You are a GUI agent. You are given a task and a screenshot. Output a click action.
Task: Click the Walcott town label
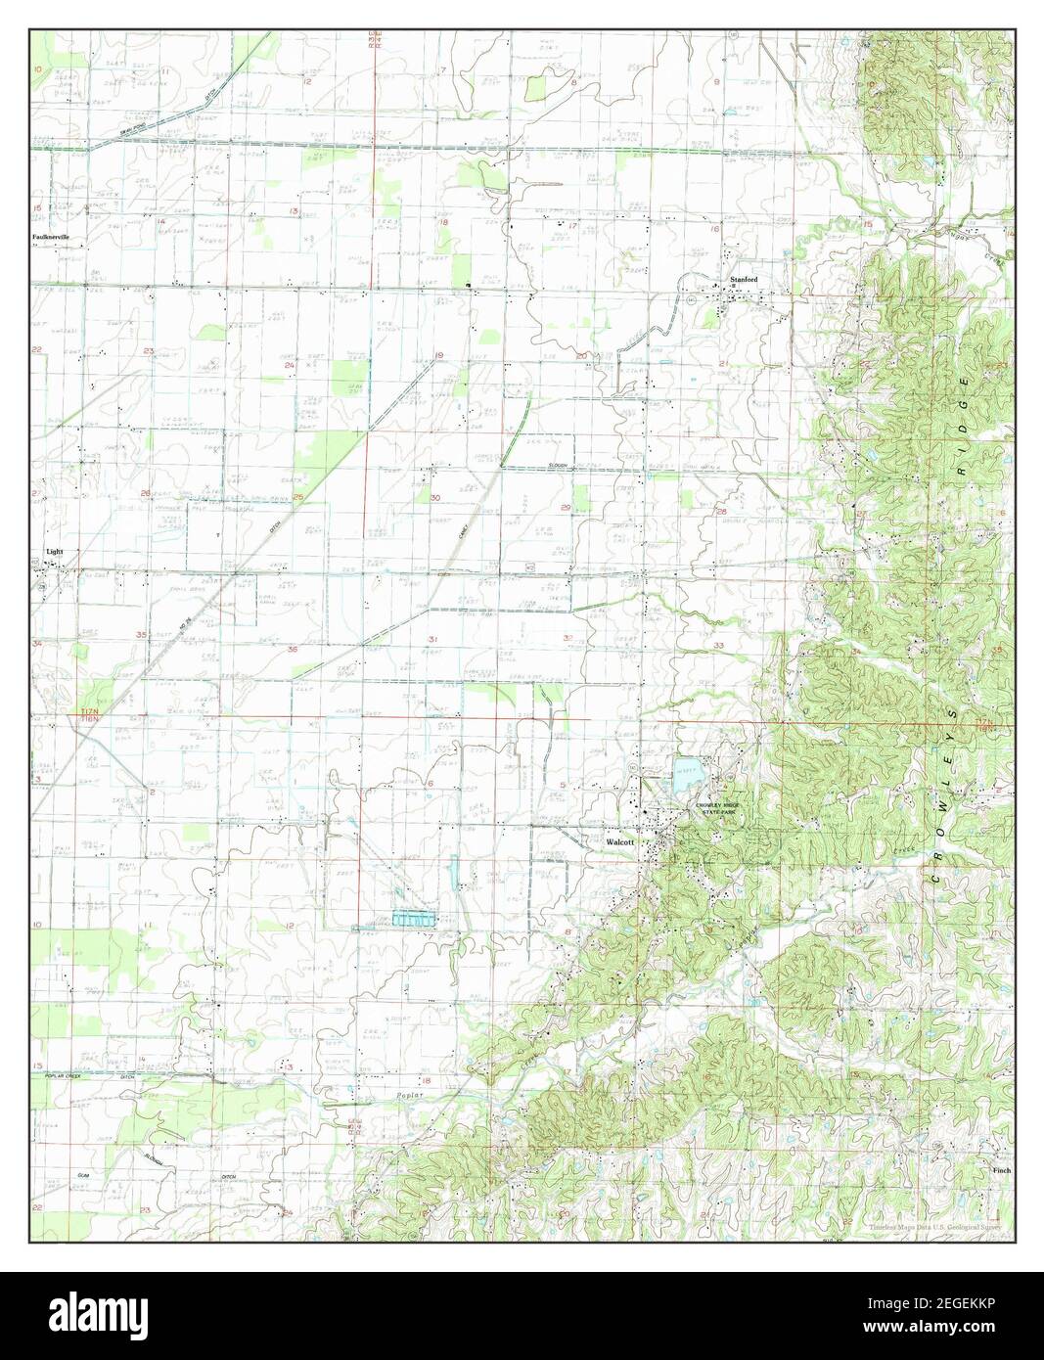[619, 840]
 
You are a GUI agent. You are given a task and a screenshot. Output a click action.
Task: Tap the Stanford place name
[744, 280]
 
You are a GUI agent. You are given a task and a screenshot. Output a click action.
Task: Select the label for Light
[55, 552]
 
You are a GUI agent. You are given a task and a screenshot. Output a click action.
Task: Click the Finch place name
[1001, 1169]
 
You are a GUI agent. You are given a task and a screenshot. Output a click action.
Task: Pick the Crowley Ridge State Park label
[724, 809]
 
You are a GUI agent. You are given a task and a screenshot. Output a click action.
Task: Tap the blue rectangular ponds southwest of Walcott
[412, 920]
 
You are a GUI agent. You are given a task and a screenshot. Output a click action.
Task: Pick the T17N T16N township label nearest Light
[90, 719]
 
